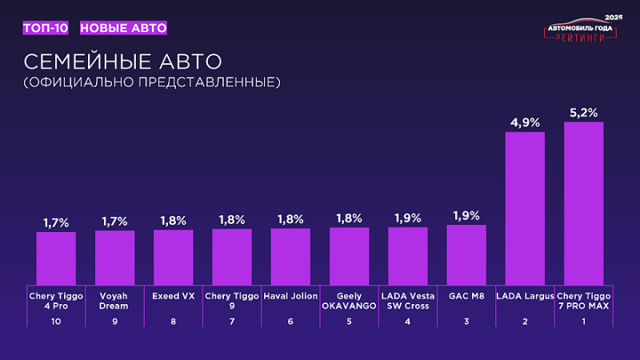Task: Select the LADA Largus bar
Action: [x=525, y=207]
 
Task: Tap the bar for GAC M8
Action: [x=466, y=254]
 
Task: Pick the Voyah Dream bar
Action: [x=114, y=257]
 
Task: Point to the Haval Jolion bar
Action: [x=290, y=256]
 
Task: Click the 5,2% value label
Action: [x=583, y=113]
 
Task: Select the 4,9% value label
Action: [x=525, y=122]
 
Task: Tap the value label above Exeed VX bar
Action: [x=174, y=220]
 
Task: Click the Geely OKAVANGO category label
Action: [x=349, y=300]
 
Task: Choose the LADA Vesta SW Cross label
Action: [x=408, y=300]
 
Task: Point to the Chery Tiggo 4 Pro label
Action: [x=56, y=300]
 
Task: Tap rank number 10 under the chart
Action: [x=56, y=321]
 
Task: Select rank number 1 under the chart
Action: [x=583, y=321]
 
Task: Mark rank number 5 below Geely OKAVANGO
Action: [x=349, y=321]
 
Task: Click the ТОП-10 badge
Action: [x=46, y=28]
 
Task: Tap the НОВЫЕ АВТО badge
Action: [x=123, y=28]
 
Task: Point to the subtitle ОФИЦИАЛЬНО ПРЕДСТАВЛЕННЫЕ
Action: [x=151, y=82]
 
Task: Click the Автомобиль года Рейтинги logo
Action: [x=580, y=30]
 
